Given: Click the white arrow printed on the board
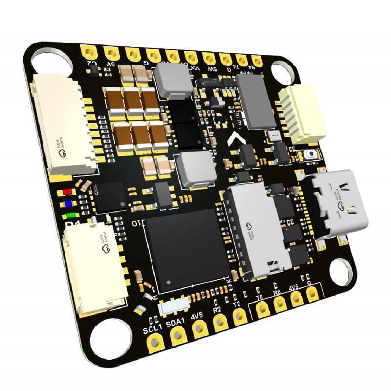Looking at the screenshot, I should (236, 141).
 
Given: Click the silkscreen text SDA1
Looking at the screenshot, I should (174, 323).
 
